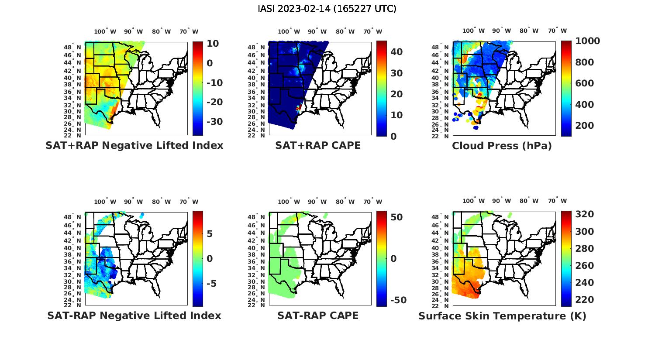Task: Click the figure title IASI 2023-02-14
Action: point(327,9)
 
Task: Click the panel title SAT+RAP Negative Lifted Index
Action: point(134,145)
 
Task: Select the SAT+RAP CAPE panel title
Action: point(318,145)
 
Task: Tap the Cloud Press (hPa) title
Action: point(502,146)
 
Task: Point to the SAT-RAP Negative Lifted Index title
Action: point(134,315)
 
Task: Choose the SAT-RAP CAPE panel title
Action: point(318,315)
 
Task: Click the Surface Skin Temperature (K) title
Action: point(502,316)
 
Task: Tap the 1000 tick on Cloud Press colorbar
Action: point(587,41)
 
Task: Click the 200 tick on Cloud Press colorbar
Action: point(585,126)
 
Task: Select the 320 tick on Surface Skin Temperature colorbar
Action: point(585,214)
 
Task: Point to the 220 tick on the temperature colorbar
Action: point(585,300)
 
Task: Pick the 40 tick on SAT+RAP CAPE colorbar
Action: point(396,52)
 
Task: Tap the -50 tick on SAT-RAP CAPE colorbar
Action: point(396,300)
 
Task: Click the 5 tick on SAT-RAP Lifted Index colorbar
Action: point(210,234)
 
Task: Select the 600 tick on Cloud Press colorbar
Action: point(585,83)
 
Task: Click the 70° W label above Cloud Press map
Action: point(558,31)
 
